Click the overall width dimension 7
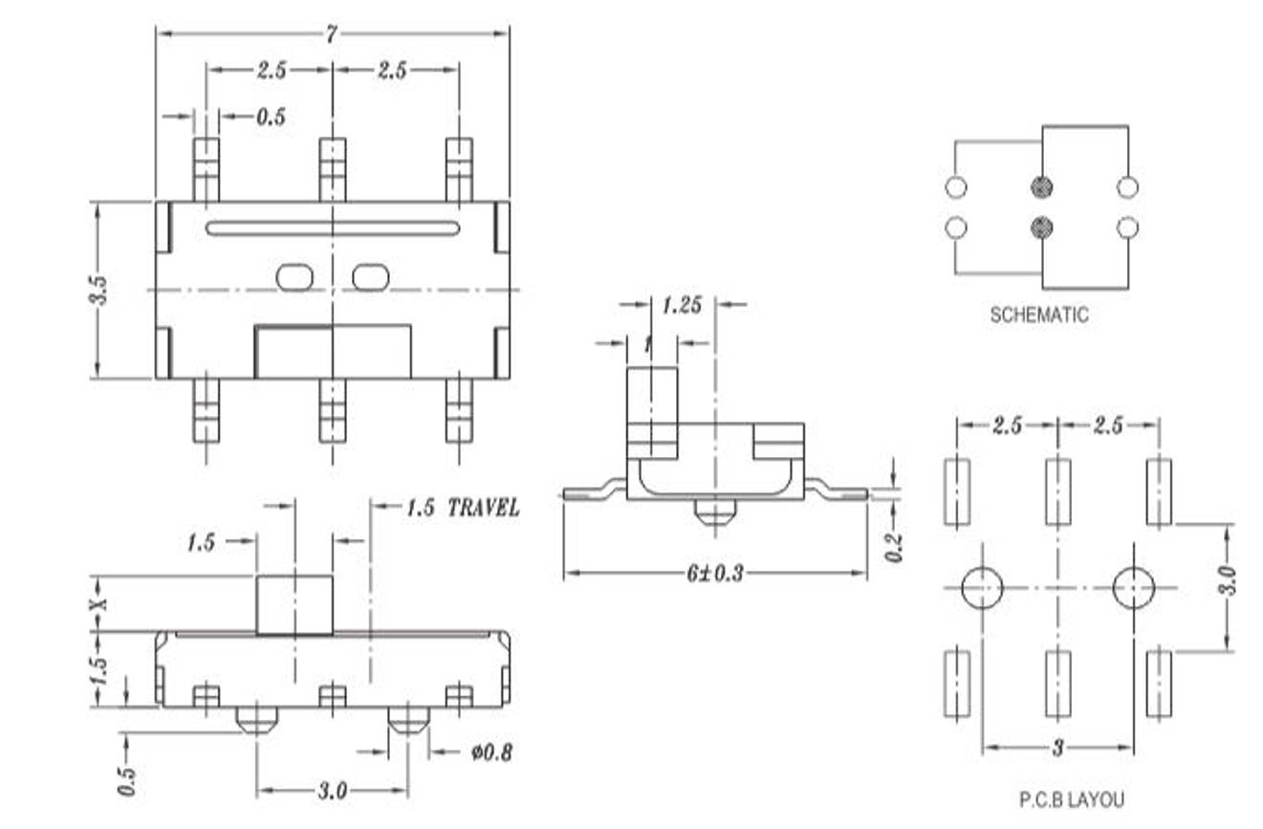[x=332, y=33]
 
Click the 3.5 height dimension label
[x=98, y=290]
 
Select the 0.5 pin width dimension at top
[x=270, y=117]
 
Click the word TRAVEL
[x=484, y=508]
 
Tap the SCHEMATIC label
[x=1038, y=315]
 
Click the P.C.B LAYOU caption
[x=1071, y=799]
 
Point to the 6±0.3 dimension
[x=714, y=574]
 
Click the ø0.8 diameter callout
[x=491, y=753]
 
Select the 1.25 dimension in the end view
[x=682, y=305]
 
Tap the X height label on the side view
[x=100, y=603]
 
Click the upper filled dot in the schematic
[x=1043, y=186]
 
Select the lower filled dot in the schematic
[x=1043, y=228]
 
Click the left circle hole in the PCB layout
[x=982, y=588]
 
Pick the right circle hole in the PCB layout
[x=1134, y=588]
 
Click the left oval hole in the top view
[x=294, y=277]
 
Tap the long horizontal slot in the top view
[x=332, y=229]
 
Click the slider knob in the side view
[x=294, y=604]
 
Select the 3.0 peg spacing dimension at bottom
[x=332, y=792]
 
